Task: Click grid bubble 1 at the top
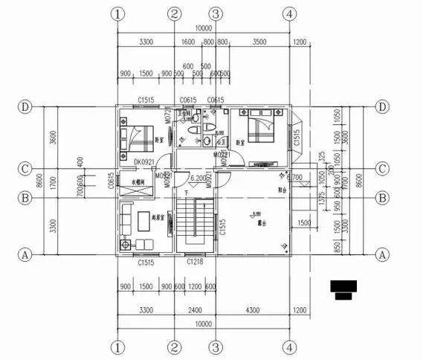click(x=117, y=14)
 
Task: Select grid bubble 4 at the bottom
click(x=290, y=347)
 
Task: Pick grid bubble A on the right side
click(x=384, y=254)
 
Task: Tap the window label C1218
click(x=194, y=263)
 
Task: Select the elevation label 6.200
click(x=198, y=179)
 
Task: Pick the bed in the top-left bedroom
click(x=136, y=133)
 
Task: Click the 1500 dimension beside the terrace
click(x=303, y=223)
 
